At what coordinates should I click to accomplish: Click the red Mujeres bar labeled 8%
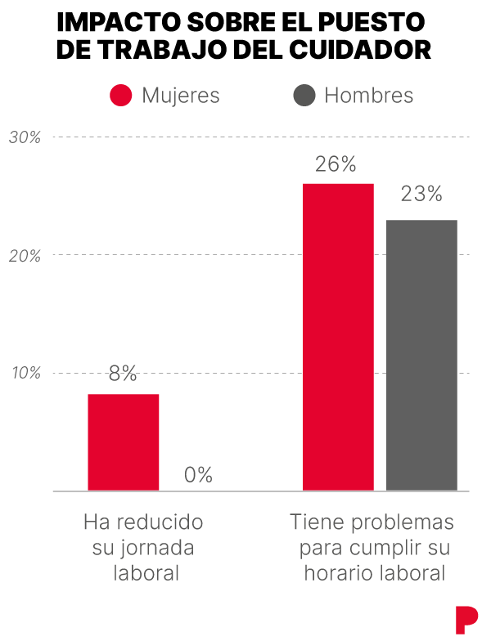coord(124,442)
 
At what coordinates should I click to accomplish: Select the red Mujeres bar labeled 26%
coord(338,337)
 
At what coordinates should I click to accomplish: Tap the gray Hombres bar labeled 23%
coord(421,355)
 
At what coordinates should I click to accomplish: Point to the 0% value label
coord(198,475)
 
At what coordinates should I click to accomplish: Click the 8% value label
coord(123,374)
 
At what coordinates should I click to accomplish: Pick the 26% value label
coord(336,164)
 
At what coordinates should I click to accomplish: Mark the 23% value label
coord(421,195)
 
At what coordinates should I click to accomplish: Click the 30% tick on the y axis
coord(25,137)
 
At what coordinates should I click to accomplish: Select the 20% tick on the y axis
coord(25,256)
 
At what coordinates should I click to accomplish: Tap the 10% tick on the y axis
coord(25,374)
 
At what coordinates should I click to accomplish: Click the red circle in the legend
coord(121,96)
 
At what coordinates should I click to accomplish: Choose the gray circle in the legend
coord(304,96)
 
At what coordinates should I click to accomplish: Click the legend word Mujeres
coord(181,96)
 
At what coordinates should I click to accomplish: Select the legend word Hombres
coord(369,96)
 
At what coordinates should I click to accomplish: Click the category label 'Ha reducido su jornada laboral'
coord(144,548)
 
